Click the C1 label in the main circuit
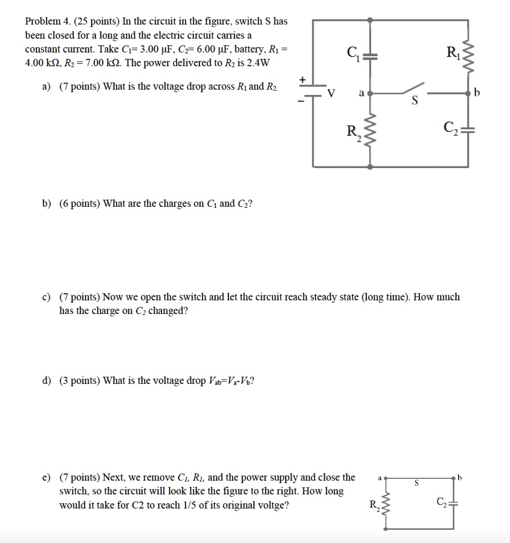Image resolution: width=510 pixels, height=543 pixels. coord(352,54)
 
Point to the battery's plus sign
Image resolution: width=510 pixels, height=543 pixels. coord(303,80)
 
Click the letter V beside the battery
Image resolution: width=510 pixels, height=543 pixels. coord(332,93)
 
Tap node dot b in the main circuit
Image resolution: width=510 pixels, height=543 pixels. coord(468,93)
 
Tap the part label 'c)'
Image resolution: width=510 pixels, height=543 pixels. coord(47,297)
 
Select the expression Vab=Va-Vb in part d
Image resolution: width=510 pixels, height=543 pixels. coord(232,381)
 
